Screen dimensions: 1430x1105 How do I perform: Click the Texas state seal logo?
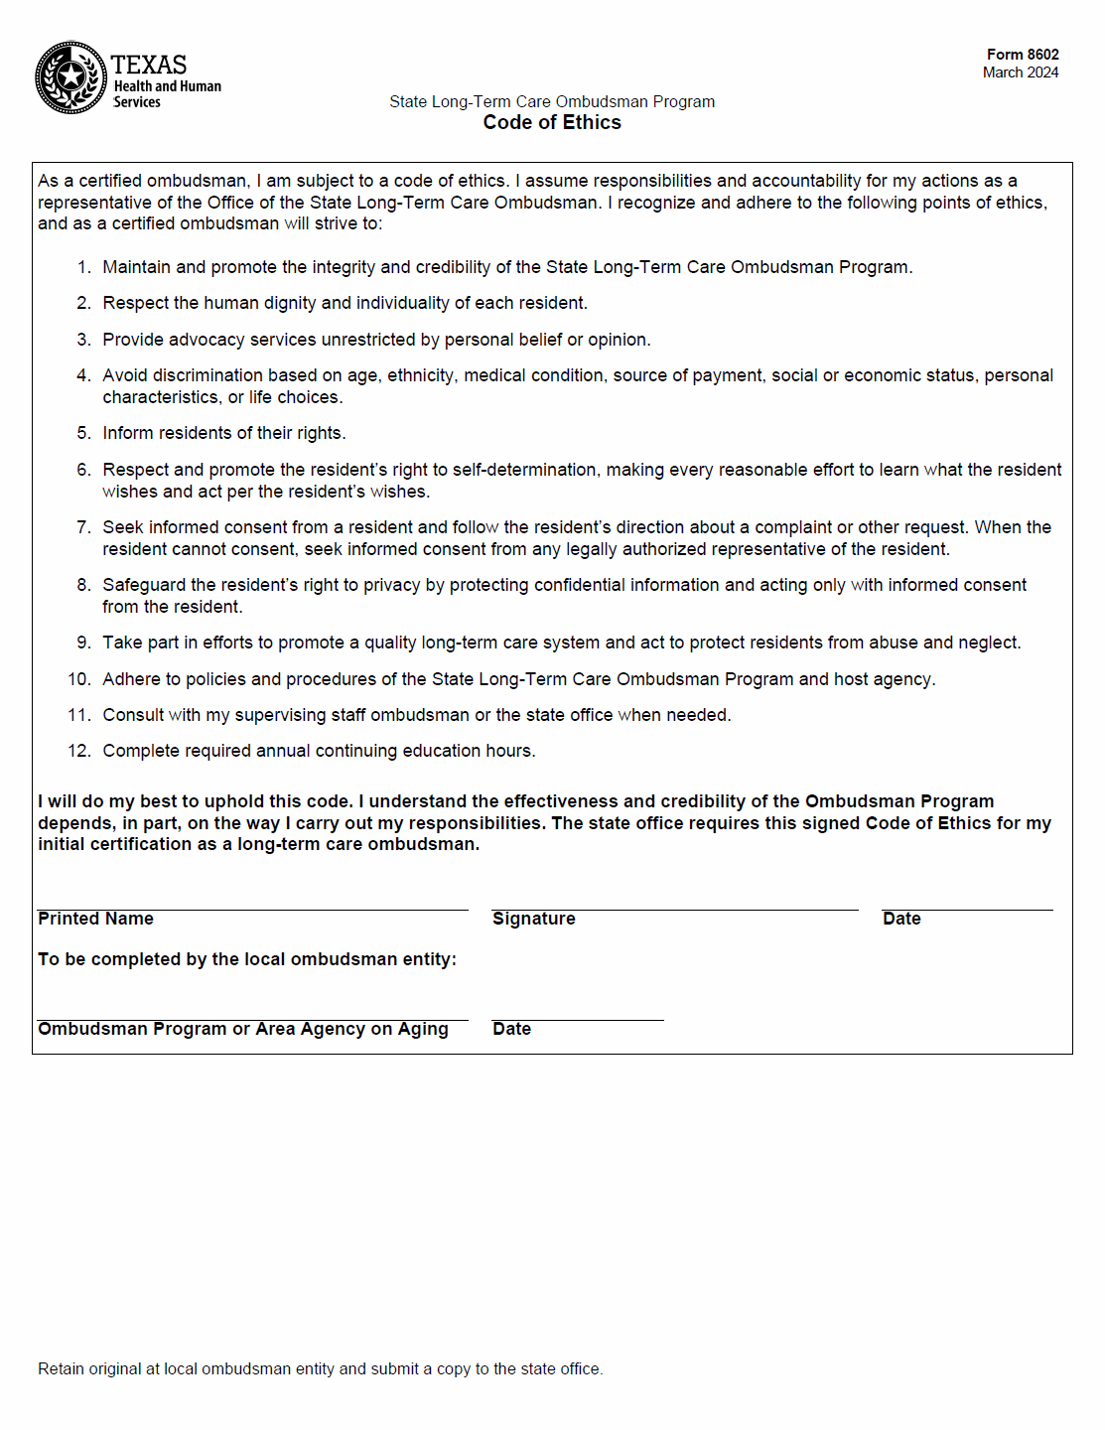point(70,77)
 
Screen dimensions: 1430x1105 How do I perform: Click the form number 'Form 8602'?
point(1022,55)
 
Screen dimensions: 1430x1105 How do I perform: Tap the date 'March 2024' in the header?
point(1020,72)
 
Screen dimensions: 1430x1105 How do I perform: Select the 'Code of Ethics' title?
point(552,122)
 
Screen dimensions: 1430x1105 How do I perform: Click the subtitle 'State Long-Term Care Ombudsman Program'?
point(552,101)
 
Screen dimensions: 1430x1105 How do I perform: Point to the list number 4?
point(83,375)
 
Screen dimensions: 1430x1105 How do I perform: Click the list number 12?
point(79,751)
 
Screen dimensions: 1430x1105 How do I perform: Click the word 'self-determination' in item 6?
point(526,470)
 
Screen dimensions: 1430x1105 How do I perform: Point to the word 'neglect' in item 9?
point(988,643)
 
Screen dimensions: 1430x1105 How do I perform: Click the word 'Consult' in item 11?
point(133,715)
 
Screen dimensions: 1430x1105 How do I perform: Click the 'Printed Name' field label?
point(95,919)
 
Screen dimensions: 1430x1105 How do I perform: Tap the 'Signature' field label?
point(533,919)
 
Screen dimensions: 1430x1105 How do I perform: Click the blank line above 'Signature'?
point(675,899)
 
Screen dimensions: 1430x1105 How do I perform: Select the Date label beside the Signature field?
point(901,919)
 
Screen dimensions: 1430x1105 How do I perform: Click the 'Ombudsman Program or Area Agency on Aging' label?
point(243,1029)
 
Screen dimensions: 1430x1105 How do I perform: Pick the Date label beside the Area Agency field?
point(511,1029)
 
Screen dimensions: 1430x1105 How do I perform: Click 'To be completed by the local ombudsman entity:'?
point(247,959)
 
